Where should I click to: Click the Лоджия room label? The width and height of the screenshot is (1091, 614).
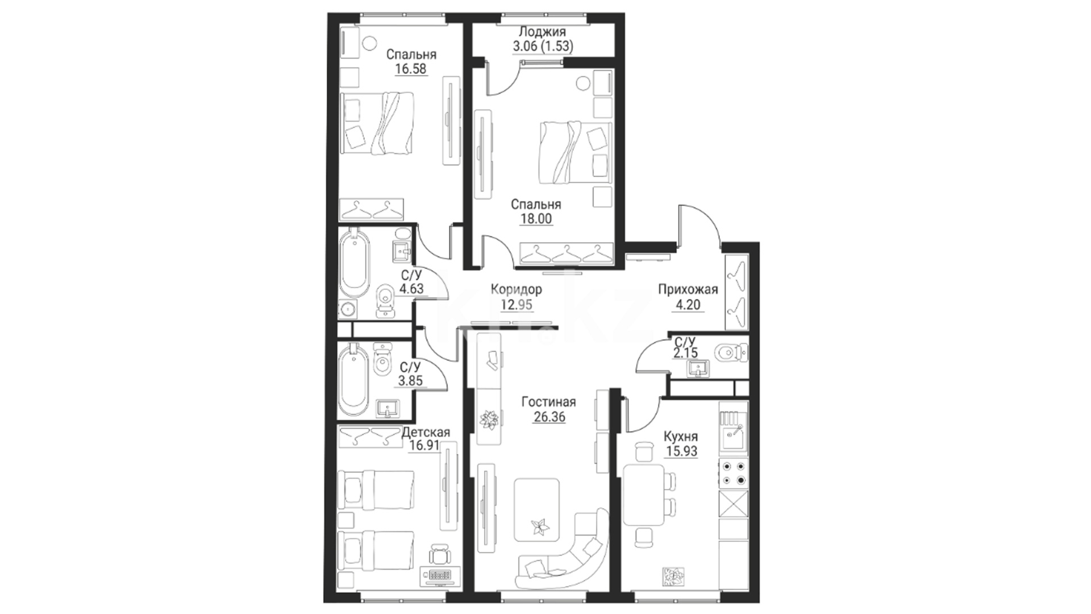542,32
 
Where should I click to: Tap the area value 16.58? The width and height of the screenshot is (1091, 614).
411,69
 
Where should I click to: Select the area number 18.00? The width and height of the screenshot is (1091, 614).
536,219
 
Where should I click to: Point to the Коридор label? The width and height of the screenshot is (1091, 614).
517,289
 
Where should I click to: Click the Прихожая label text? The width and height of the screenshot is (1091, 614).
688,289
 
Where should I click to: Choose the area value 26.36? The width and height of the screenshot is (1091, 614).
549,417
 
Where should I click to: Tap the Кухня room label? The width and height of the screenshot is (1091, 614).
681,437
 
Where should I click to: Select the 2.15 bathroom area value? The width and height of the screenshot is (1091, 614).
685,353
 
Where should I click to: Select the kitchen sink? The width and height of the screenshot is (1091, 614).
732,438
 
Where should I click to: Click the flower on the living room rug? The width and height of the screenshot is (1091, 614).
538,528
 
